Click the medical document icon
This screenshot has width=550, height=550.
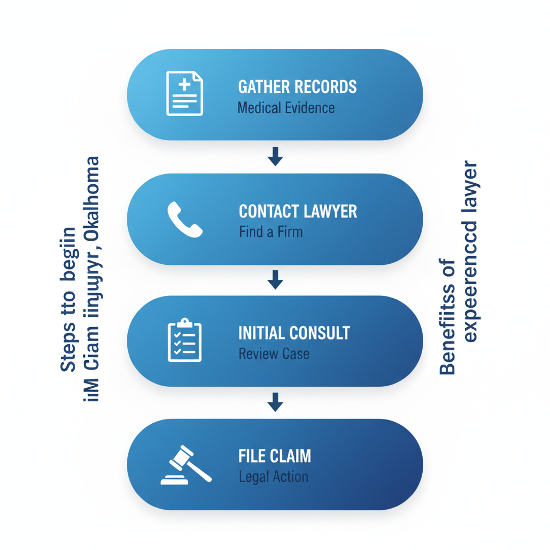[x=184, y=93]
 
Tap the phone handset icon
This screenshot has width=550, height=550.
[x=185, y=219]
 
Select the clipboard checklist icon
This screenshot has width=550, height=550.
[x=184, y=341]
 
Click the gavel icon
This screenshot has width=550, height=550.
[x=185, y=465]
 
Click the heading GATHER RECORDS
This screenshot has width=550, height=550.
[x=297, y=86]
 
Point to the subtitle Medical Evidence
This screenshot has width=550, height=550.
[x=286, y=108]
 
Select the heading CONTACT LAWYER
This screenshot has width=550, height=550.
[x=298, y=211]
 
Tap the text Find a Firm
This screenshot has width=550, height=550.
[x=271, y=233]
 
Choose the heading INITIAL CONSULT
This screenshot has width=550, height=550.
[x=294, y=333]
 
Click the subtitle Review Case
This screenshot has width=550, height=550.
[x=273, y=354]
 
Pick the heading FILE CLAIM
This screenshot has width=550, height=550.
[x=274, y=456]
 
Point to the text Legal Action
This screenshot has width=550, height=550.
[x=273, y=477]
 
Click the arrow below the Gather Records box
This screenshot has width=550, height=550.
[x=275, y=157]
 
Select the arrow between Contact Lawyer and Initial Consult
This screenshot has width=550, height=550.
[x=275, y=279]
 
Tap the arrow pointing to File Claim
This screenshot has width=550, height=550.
[x=275, y=402]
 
